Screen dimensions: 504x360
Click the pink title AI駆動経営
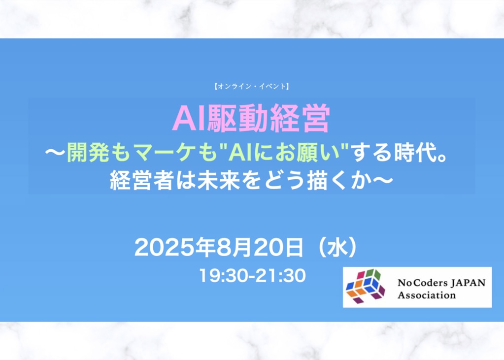251,118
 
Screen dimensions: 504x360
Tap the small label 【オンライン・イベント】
252,86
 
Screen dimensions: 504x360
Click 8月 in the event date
234,248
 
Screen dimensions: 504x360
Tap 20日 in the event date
278,248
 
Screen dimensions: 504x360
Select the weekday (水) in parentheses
337,248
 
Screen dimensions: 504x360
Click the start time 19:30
224,276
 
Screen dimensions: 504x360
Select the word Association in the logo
427,295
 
